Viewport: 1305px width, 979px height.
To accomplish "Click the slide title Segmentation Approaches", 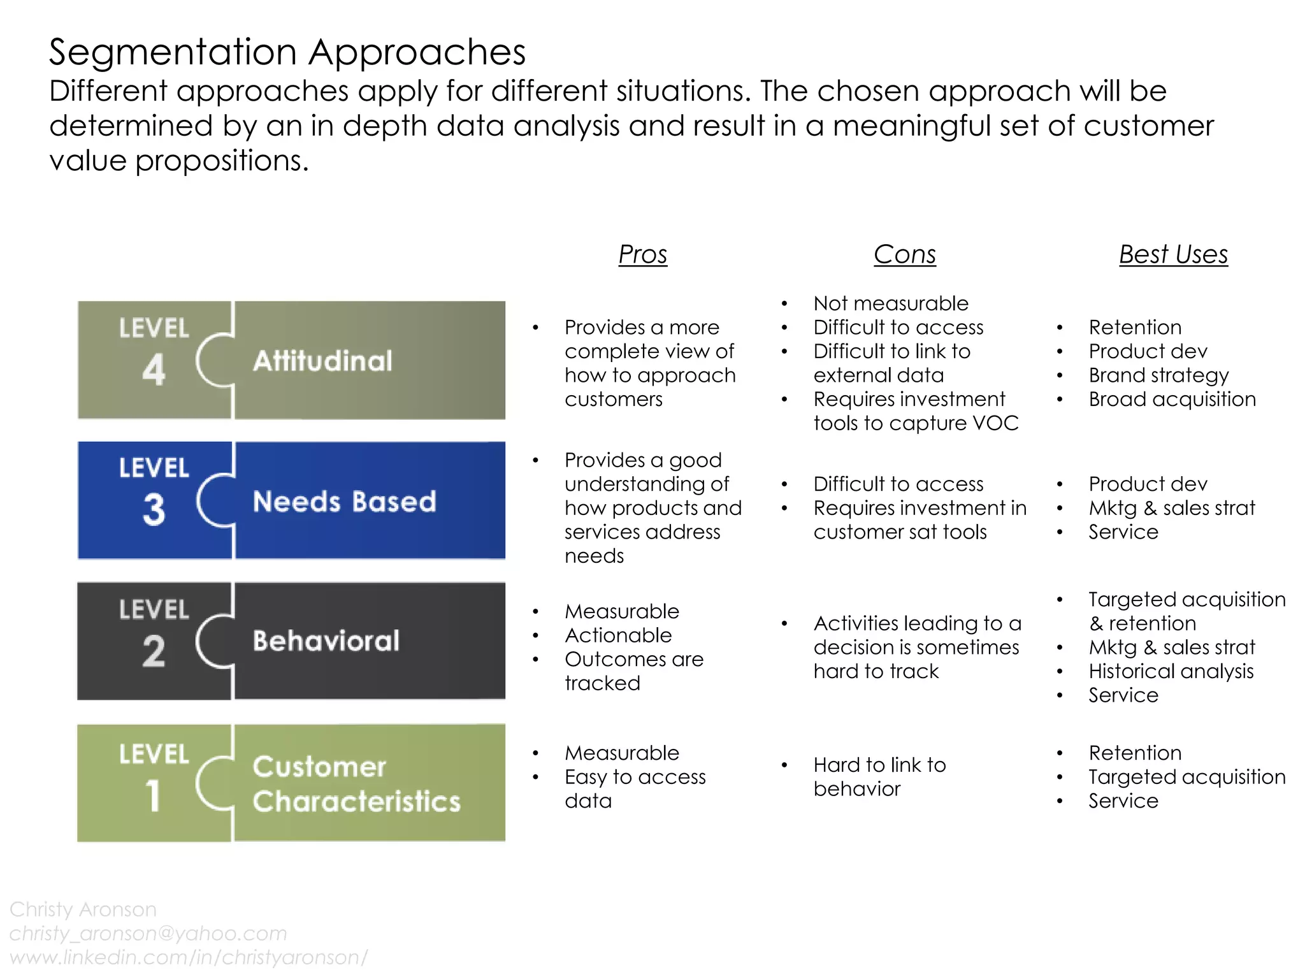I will coord(287,52).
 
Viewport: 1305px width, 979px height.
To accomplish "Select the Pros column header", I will coord(642,254).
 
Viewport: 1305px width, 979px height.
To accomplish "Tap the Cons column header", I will coord(904,254).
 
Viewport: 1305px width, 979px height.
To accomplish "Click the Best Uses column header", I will coord(1173,254).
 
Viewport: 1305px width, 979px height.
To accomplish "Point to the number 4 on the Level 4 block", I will coord(154,370).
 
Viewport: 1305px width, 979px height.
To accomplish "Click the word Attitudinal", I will coord(322,361).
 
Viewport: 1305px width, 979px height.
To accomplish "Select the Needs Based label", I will coord(344,502).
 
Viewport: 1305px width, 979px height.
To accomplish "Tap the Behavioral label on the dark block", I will coord(326,641).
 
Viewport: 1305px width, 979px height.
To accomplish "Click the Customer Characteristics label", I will coord(356,784).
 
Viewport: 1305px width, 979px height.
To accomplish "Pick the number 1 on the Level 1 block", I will coord(153,795).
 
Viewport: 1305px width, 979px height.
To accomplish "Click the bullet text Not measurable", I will coord(890,303).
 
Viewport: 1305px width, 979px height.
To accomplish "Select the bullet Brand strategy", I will coord(1158,375).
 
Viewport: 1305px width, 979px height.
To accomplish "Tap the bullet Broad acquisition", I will coord(1172,400).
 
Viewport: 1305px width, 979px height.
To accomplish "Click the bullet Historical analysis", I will coord(1171,671).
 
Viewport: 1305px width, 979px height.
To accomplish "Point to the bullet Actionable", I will coord(617,635).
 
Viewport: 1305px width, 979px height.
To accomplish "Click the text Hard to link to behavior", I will coord(879,776).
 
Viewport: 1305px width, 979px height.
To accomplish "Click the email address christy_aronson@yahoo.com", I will coord(148,933).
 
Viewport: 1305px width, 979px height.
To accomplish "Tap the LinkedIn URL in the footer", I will coord(189,957).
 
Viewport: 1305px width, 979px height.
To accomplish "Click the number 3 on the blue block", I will coord(154,510).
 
